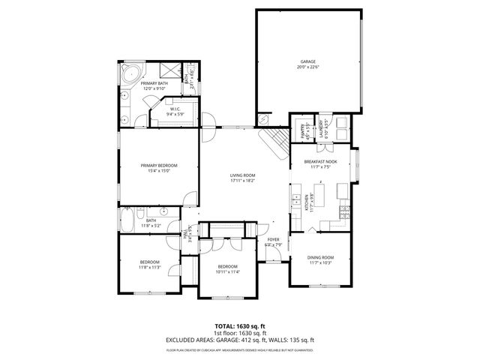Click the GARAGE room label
pos(307,62)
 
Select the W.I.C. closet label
pos(174,109)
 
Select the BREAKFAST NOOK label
pos(319,162)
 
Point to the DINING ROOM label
pos(320,257)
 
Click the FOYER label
pos(273,239)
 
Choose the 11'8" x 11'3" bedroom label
pos(150,264)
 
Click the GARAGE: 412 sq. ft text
pos(254,340)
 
